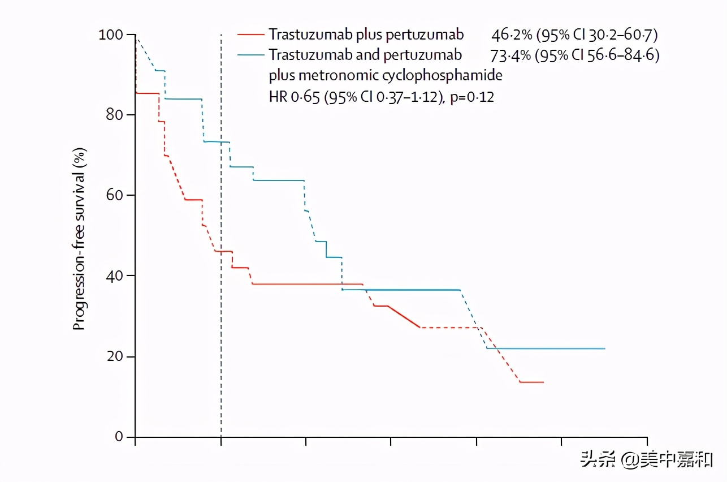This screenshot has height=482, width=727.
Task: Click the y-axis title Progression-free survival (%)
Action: point(80,239)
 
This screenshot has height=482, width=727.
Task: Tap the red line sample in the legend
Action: point(250,35)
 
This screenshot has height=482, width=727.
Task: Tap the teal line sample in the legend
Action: point(250,55)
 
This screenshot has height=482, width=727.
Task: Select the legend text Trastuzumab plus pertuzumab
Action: point(366,35)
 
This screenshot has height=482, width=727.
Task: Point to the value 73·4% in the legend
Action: point(509,55)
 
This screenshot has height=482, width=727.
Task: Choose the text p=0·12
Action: point(472,97)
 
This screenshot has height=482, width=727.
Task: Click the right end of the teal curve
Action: point(604,348)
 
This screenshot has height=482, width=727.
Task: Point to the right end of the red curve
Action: point(543,382)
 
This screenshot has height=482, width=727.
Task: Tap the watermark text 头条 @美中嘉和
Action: point(646,460)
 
